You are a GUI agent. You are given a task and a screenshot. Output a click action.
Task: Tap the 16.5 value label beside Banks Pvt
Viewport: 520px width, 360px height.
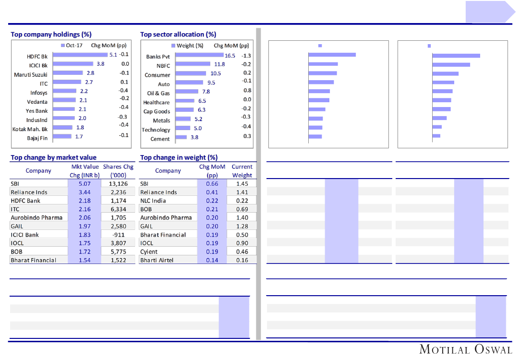230,56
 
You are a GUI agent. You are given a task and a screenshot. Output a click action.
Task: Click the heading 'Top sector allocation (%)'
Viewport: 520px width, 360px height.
178,35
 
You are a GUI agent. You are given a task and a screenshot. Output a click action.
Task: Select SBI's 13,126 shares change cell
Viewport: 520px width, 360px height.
118,183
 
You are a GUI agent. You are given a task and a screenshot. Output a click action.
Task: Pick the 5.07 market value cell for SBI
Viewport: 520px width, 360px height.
85,183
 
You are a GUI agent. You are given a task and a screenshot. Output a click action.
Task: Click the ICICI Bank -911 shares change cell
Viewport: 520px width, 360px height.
118,235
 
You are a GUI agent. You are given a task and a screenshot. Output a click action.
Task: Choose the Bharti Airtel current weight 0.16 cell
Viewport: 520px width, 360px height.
242,260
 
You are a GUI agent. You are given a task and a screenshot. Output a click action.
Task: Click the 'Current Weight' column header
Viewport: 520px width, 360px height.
242,171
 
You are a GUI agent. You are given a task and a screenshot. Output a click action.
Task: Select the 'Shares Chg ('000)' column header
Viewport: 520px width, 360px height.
118,171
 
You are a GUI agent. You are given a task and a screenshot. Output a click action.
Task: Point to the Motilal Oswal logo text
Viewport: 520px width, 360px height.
465,349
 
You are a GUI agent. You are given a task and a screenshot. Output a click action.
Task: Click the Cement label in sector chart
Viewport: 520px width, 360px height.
160,139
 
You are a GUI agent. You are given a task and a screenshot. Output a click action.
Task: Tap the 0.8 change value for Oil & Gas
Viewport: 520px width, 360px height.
247,91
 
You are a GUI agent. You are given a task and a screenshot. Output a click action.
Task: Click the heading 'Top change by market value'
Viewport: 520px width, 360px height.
53,157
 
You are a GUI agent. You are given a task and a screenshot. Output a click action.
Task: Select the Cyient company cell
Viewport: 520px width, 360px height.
149,252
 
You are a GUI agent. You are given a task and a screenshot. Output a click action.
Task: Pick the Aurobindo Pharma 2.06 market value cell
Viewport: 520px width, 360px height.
85,217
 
